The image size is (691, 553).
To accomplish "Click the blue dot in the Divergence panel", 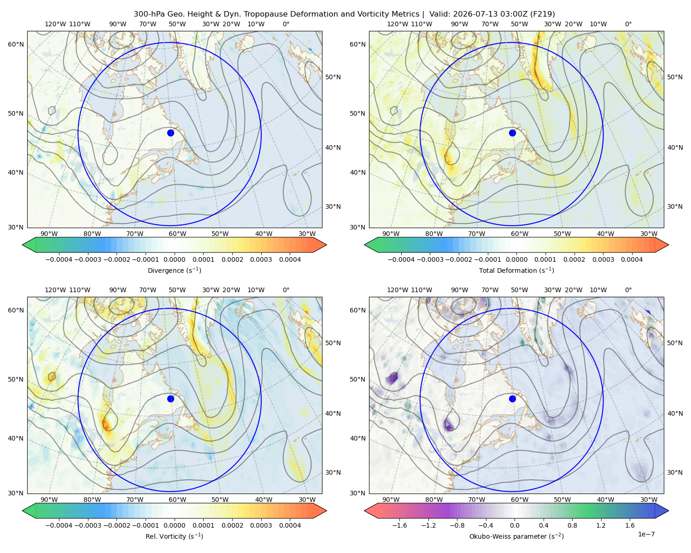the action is pyautogui.click(x=170, y=133).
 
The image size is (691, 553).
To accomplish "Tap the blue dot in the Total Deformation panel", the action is pyautogui.click(x=512, y=133).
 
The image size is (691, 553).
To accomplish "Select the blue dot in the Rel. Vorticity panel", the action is pyautogui.click(x=170, y=399).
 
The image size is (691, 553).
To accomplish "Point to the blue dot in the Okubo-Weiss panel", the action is pyautogui.click(x=512, y=399).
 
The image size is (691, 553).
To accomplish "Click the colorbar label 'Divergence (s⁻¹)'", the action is pyautogui.click(x=174, y=270).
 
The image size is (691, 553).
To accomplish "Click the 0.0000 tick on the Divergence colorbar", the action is pyautogui.click(x=174, y=259).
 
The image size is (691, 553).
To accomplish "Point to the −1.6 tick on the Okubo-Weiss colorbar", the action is pyautogui.click(x=399, y=525).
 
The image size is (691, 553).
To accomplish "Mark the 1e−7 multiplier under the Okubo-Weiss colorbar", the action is pyautogui.click(x=646, y=535).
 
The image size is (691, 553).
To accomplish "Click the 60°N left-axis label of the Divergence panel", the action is pyautogui.click(x=16, y=44).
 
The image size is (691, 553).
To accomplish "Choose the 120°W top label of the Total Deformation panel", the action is pyautogui.click(x=398, y=24).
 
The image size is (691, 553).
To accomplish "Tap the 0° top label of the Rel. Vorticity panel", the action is pyautogui.click(x=286, y=290).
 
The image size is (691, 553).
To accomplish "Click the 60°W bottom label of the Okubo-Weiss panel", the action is pyautogui.click(x=520, y=500).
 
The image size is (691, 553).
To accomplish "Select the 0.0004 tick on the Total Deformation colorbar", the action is pyautogui.click(x=632, y=259).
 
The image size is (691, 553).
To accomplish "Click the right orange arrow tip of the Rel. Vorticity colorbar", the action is pyautogui.click(x=326, y=511).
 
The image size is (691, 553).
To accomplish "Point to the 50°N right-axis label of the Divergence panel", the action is pyautogui.click(x=333, y=77).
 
